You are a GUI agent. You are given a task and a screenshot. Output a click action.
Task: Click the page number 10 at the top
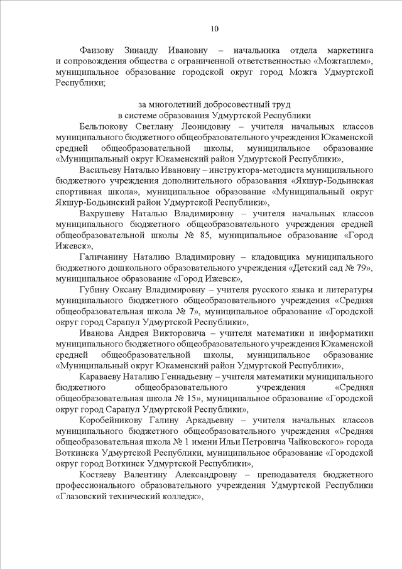214,28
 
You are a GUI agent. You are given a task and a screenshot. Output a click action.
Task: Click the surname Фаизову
101,50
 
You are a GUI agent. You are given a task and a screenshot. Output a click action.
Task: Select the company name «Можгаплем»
344,61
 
